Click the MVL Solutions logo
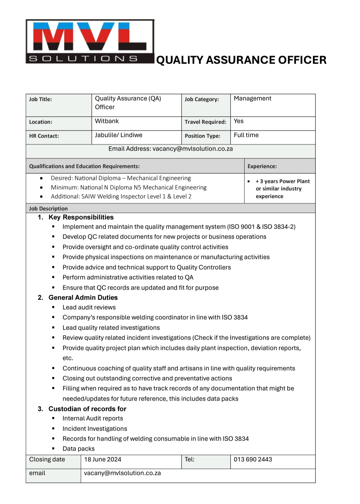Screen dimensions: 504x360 point(90,41)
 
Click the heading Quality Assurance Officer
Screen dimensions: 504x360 point(241,60)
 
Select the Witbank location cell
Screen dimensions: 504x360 point(107,121)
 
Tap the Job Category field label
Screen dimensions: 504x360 point(202,99)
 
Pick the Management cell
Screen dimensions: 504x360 point(252,99)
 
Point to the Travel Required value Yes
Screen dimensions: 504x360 point(239,121)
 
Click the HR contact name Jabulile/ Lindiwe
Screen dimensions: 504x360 point(119,135)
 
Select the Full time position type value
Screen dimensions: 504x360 point(246,135)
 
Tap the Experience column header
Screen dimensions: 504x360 point(262,166)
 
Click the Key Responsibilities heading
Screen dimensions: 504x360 point(81,217)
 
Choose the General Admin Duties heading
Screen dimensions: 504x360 point(83,298)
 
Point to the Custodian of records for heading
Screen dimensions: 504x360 point(87,409)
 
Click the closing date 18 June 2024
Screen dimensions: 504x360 point(103,460)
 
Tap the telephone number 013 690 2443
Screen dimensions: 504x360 point(253,460)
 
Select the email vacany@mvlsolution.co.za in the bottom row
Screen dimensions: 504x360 point(122,473)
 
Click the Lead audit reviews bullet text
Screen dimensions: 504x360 point(89,308)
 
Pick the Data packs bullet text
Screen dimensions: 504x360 point(79,449)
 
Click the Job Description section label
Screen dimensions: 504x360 point(48,209)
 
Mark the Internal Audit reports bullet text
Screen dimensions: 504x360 point(93,419)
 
